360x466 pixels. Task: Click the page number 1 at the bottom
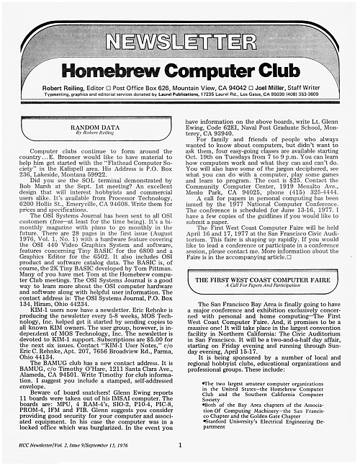coord(179,444)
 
